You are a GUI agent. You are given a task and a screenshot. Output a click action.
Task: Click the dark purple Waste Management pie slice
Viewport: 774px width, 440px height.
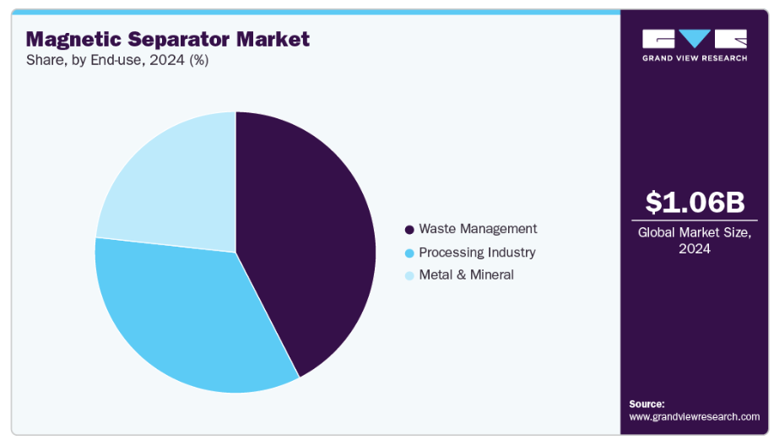click(x=312, y=236)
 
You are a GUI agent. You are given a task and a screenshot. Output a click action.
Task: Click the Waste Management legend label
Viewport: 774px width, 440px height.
click(x=478, y=229)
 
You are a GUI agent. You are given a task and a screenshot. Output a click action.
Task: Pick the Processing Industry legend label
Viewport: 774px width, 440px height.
click(x=477, y=253)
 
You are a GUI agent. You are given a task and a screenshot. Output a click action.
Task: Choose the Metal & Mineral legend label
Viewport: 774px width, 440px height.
click(x=466, y=275)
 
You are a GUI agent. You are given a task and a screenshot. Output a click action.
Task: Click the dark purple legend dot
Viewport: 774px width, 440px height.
click(x=409, y=230)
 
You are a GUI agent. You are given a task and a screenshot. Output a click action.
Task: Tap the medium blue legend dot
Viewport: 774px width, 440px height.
click(x=409, y=253)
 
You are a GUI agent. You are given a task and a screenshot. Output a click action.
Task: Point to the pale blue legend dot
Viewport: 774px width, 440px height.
click(x=409, y=275)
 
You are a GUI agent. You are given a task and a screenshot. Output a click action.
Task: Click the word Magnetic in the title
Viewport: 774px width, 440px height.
click(x=73, y=39)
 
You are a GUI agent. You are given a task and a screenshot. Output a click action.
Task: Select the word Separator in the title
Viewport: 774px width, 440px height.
click(x=177, y=39)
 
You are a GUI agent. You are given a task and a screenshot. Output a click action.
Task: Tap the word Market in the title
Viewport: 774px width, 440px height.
click(x=273, y=39)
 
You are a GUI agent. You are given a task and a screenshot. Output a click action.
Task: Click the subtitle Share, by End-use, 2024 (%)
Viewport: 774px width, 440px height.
click(x=117, y=60)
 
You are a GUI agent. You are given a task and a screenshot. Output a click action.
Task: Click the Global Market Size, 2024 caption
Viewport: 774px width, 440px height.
click(x=695, y=240)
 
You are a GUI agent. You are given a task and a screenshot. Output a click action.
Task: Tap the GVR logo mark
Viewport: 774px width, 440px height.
click(x=695, y=39)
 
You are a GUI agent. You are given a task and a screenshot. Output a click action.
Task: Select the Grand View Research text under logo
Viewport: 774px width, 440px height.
click(x=695, y=58)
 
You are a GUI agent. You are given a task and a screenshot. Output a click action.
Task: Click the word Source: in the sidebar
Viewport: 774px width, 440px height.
click(x=647, y=404)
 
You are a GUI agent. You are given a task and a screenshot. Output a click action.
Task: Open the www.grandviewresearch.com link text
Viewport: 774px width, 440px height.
click(x=694, y=416)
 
